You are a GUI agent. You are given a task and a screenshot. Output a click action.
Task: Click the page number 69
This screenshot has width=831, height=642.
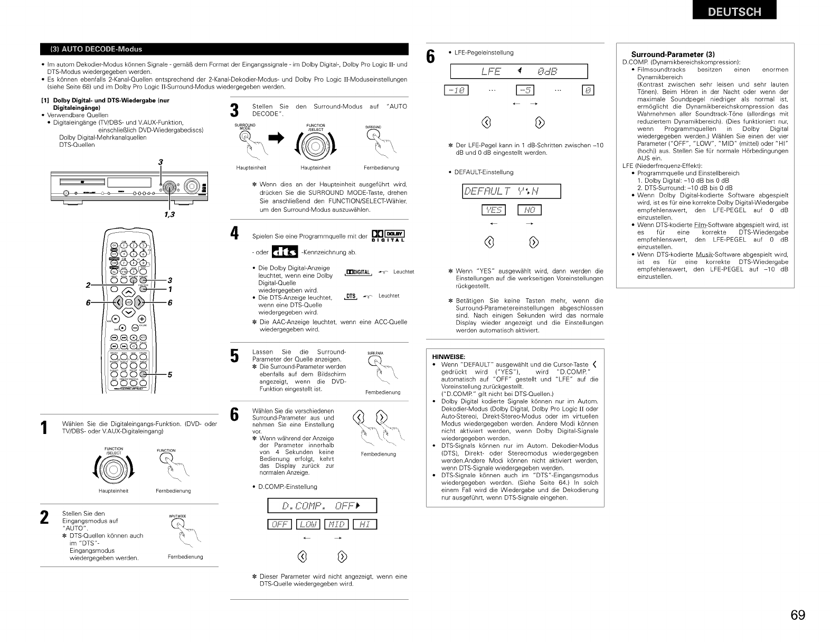coord(798,615)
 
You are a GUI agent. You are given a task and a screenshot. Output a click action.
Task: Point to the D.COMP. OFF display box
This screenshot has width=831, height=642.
coord(322,506)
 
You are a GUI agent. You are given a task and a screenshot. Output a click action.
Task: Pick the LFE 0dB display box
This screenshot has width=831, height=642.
coord(518,71)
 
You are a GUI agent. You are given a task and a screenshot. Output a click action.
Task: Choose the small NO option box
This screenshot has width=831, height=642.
coord(530,211)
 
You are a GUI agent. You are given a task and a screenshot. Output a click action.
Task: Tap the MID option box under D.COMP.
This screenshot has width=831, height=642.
coord(336,524)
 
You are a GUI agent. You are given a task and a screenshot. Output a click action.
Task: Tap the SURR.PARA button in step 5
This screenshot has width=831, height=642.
coord(374,362)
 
